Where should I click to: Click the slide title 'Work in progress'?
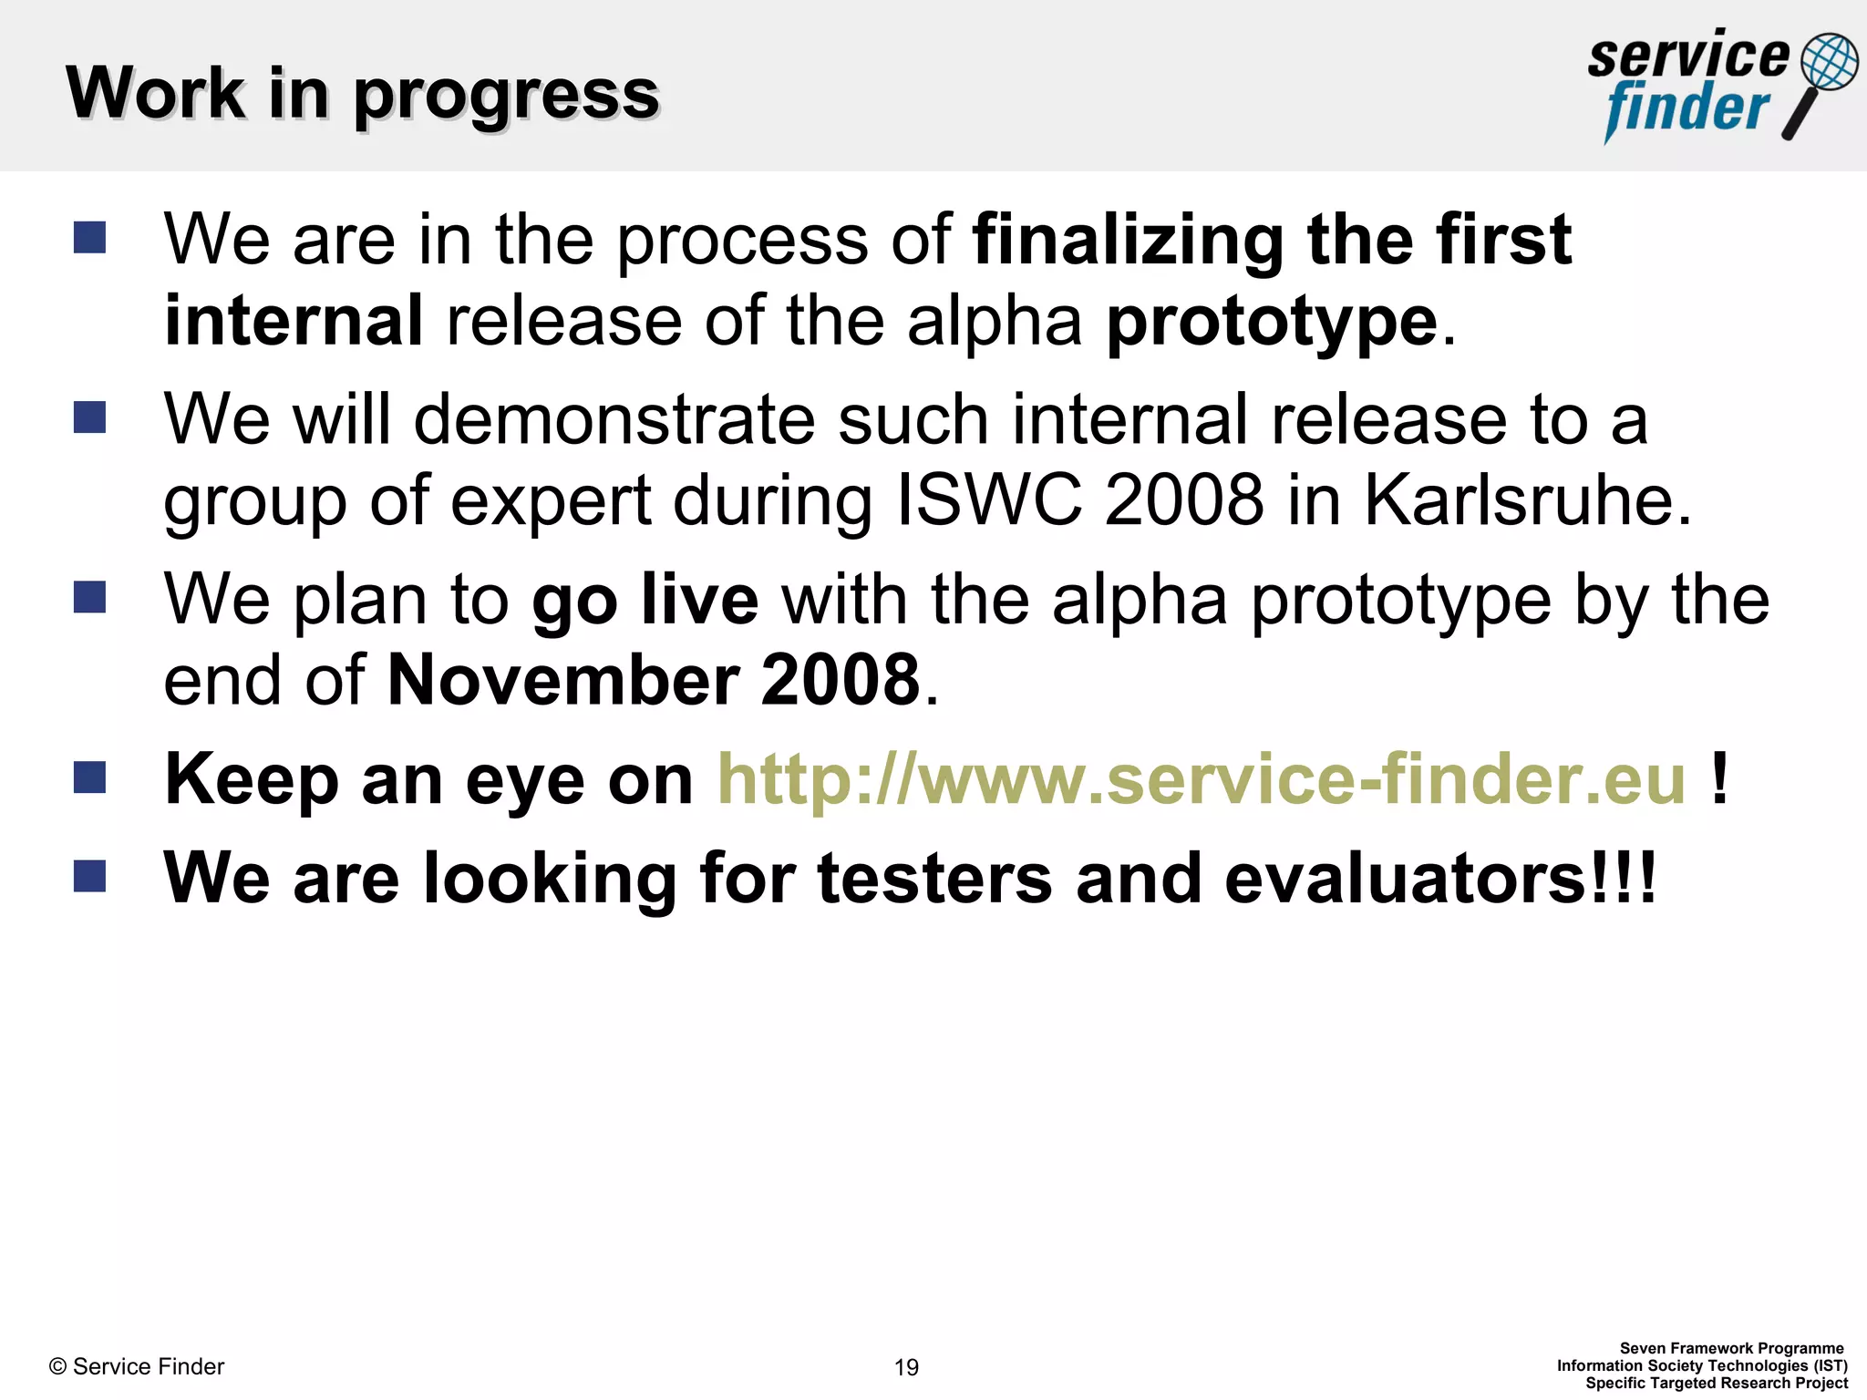coord(362,94)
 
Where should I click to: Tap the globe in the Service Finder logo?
coord(1829,61)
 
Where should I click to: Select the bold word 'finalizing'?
coord(1128,241)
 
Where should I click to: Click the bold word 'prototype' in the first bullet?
coord(1272,323)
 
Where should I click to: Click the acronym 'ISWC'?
coord(989,500)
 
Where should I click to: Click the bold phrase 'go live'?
coord(645,601)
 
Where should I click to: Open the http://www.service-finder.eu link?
coord(1202,780)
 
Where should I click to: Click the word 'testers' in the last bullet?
coord(934,879)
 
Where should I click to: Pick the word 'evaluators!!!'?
coord(1439,879)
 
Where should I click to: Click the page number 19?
coord(906,1367)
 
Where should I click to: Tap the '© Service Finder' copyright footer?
coord(137,1366)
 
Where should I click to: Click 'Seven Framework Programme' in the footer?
coord(1731,1348)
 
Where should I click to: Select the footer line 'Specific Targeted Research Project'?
coord(1717,1383)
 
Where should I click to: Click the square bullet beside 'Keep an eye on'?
coord(89,777)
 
